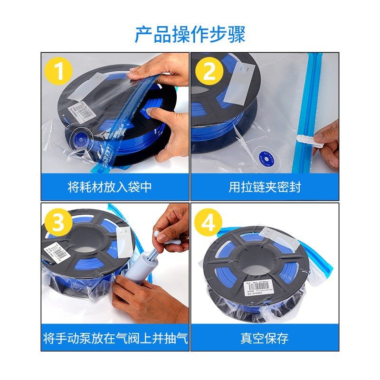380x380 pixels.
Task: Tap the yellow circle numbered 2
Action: click(x=209, y=72)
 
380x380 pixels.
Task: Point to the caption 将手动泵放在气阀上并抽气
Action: click(x=115, y=338)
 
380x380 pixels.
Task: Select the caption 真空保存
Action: click(x=265, y=338)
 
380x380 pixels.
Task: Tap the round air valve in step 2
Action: click(x=263, y=159)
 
